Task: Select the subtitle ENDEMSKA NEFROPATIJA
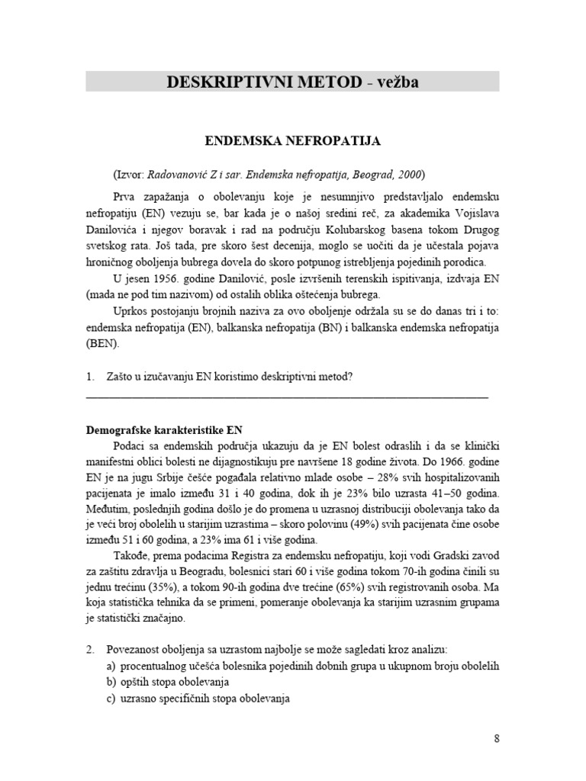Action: pyautogui.click(x=292, y=141)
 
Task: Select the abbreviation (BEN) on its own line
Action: pyautogui.click(x=103, y=344)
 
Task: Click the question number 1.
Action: pyautogui.click(x=90, y=376)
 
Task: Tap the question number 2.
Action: pyautogui.click(x=90, y=649)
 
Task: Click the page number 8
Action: pyautogui.click(x=496, y=738)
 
